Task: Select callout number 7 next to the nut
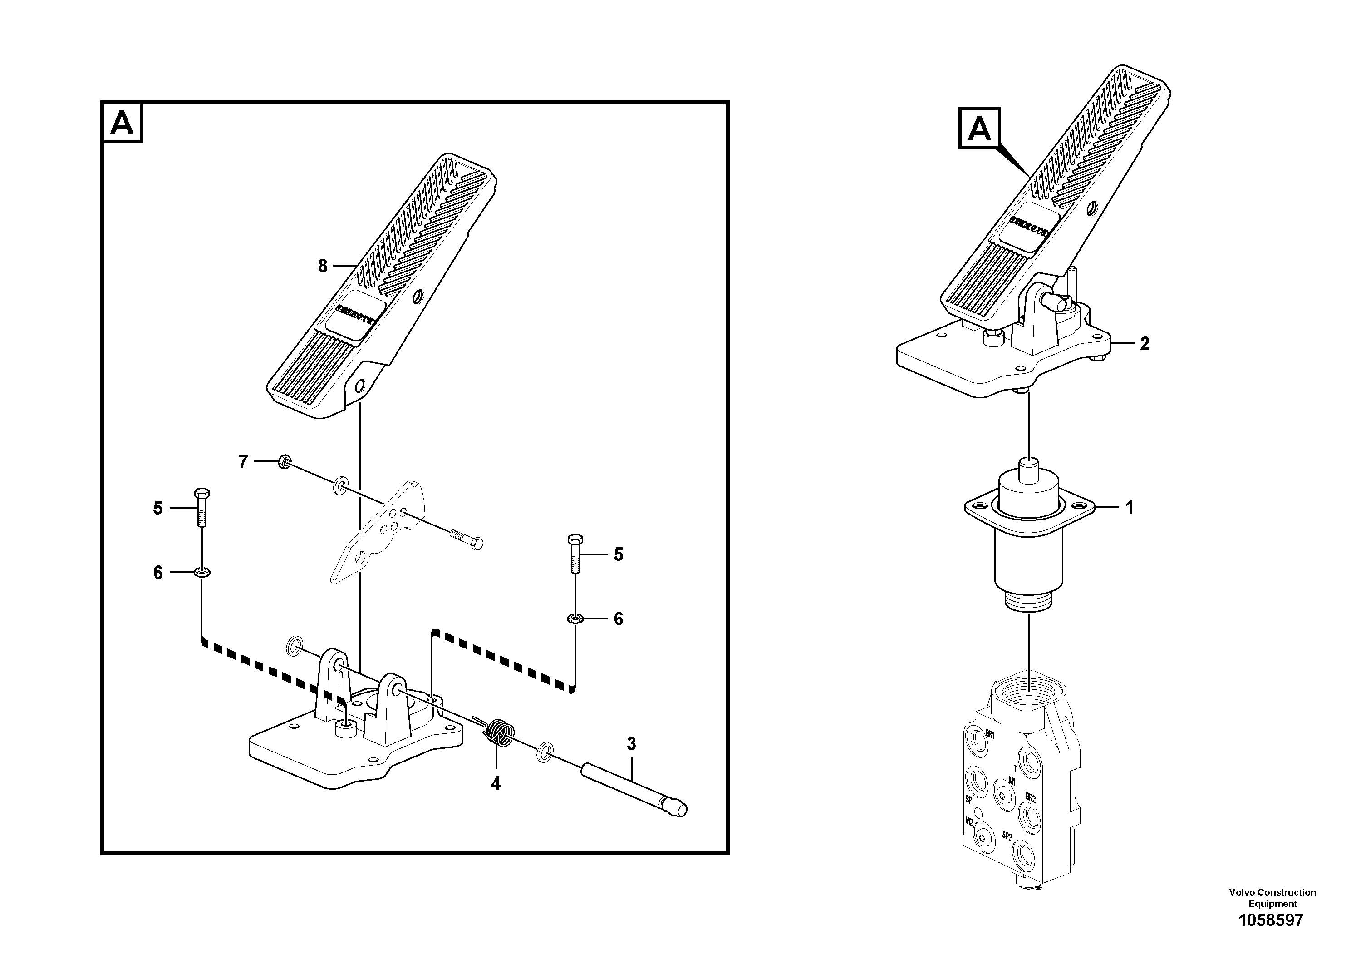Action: coord(243,461)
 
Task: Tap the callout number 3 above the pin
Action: coord(631,744)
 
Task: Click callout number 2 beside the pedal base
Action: coord(1144,343)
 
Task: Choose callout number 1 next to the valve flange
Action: coord(1129,507)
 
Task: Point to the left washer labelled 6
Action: coord(201,572)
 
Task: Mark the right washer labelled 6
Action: coord(575,618)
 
